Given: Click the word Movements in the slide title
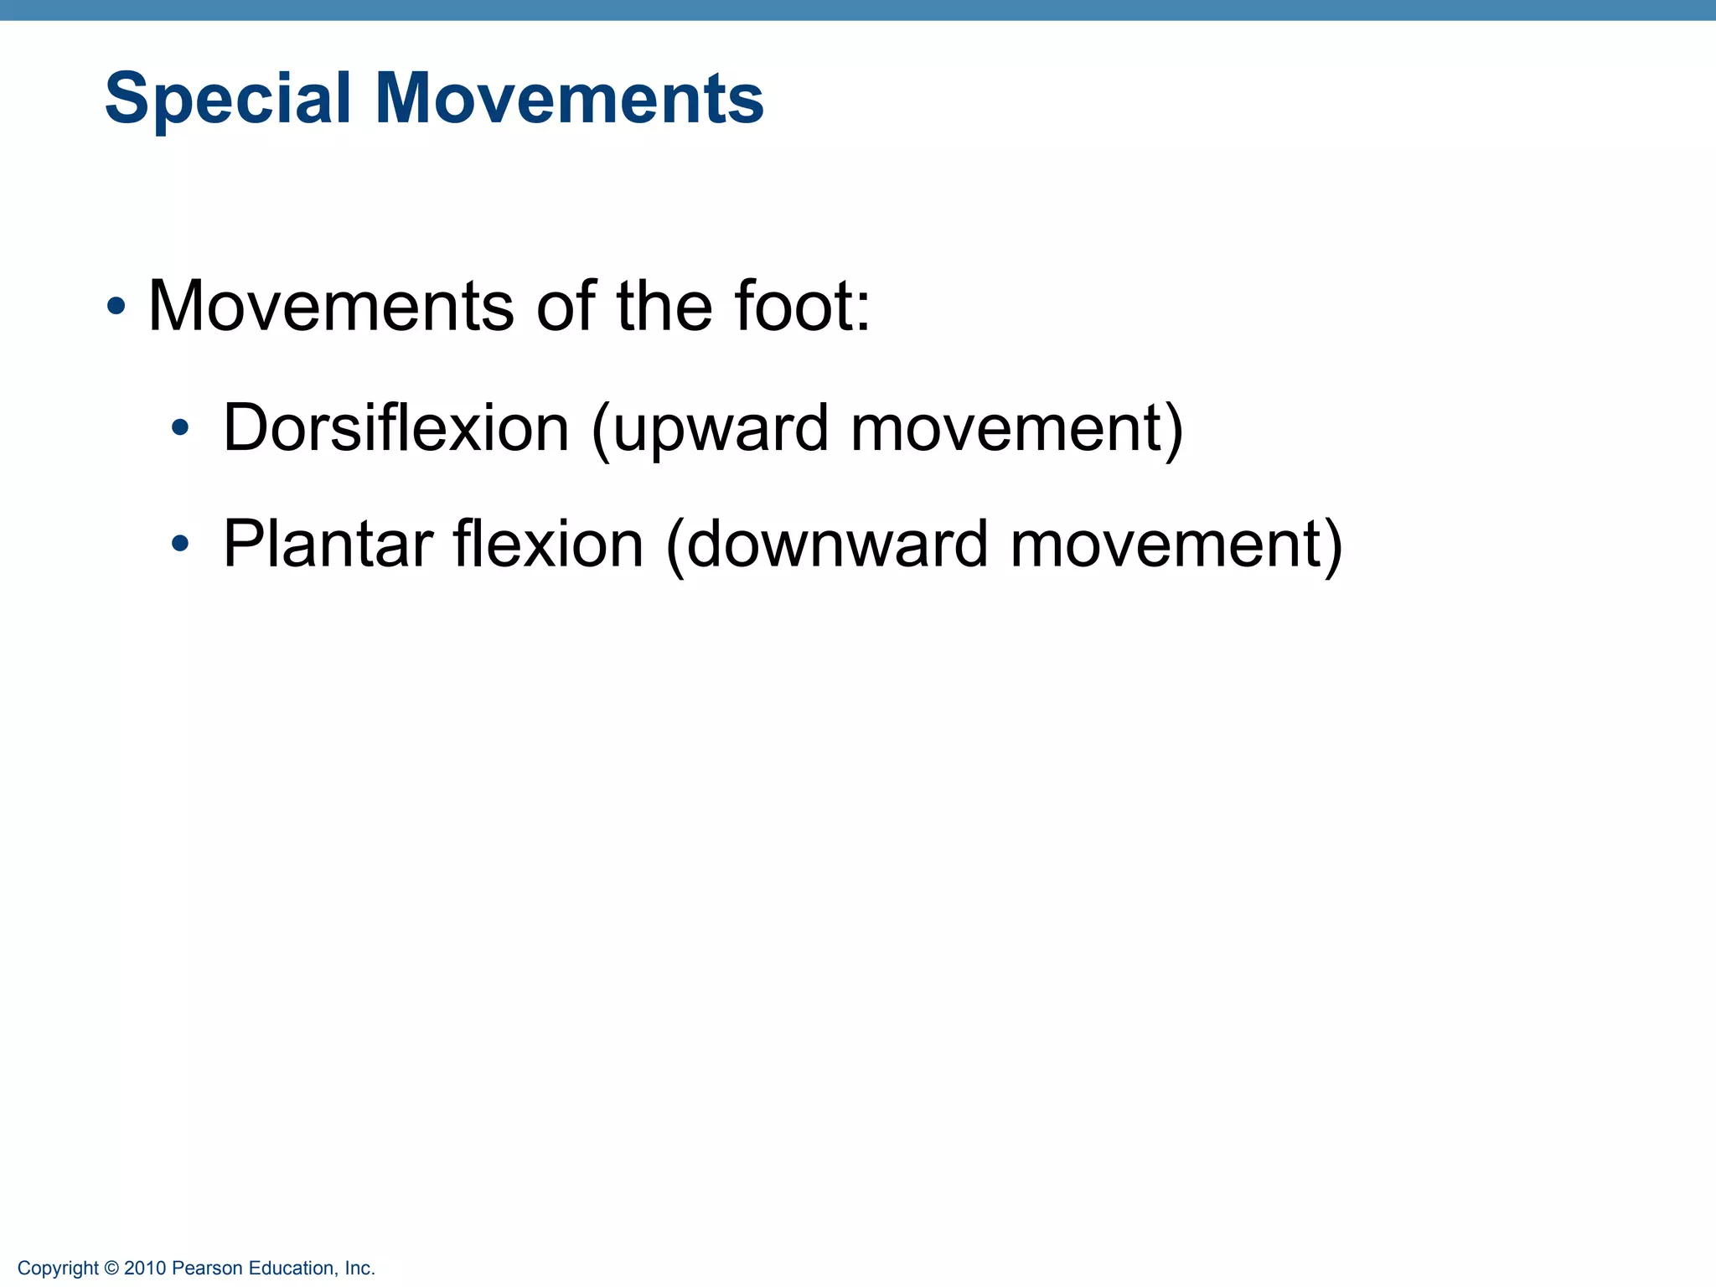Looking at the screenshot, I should tap(569, 99).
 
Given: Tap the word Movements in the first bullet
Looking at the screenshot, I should tap(331, 307).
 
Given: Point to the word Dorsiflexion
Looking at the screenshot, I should tap(396, 428).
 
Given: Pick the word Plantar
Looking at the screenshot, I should tap(328, 545).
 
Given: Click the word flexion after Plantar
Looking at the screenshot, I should tap(549, 545).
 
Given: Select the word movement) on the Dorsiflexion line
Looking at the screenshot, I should tap(1017, 430).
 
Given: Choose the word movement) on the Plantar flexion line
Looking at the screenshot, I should tap(1176, 545).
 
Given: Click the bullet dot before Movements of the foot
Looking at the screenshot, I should tap(116, 307).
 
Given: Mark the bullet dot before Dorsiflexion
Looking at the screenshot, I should tap(179, 430).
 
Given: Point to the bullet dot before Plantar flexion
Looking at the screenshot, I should tap(179, 545).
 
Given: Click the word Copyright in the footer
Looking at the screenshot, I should tap(58, 1268).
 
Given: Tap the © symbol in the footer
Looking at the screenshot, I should tap(112, 1268).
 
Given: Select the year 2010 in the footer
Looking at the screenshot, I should tap(145, 1268).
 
